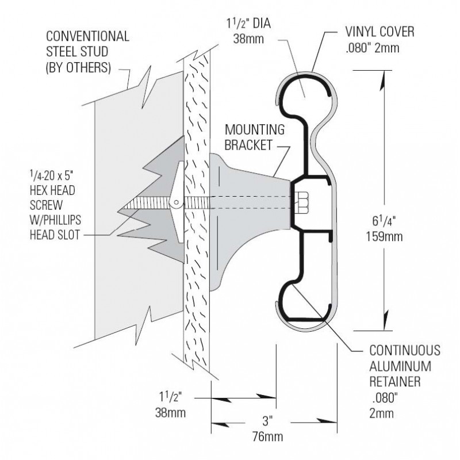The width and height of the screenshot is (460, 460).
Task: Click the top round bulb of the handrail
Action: click(x=302, y=92)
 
